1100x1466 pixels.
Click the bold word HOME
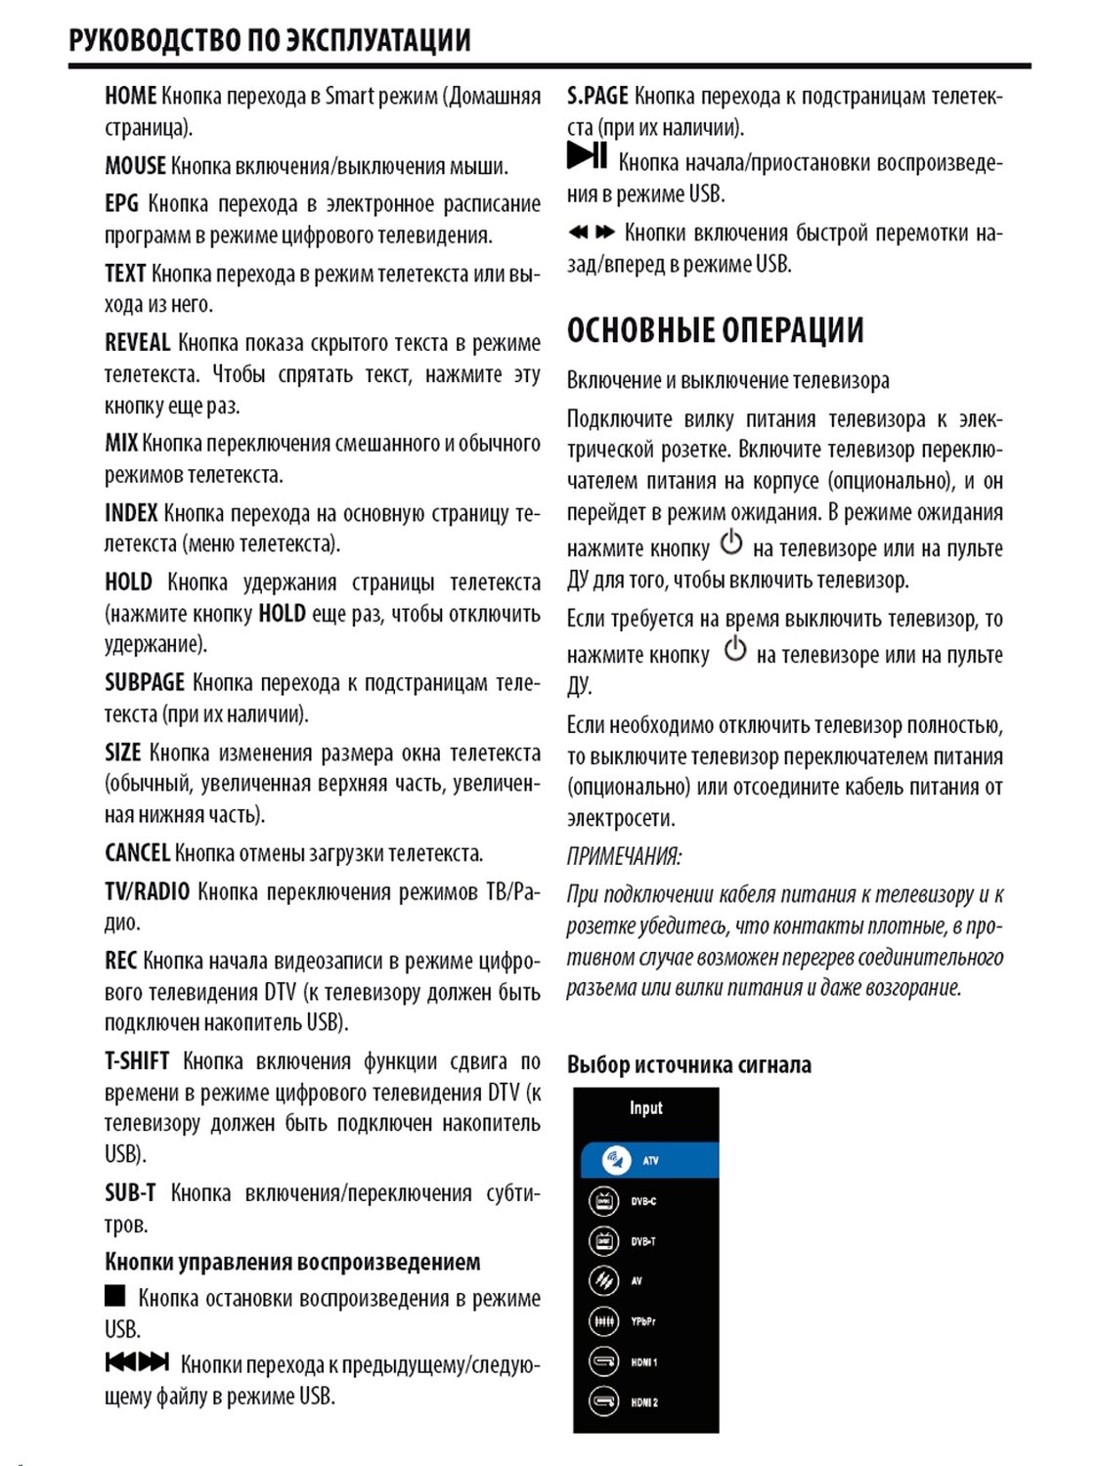pos(130,96)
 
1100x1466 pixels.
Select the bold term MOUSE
pos(135,166)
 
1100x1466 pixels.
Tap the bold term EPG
pos(121,203)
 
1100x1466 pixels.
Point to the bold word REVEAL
pos(137,343)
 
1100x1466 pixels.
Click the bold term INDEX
pos(131,513)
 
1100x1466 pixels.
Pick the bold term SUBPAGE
pos(144,682)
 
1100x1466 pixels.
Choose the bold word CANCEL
pos(137,853)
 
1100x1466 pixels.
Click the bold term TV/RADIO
pos(147,891)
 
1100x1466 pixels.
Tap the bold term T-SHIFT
pos(137,1061)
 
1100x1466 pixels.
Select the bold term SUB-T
pos(130,1193)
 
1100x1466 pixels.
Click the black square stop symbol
pos(115,1296)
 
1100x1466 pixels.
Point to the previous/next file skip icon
pos(137,1361)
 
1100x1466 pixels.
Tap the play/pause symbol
pos(587,155)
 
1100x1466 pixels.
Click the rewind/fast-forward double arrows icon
pos(592,233)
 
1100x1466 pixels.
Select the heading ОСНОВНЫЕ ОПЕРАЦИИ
pos(715,330)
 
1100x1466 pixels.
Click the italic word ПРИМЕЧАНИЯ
pos(624,856)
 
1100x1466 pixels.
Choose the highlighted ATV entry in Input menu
pos(648,1160)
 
